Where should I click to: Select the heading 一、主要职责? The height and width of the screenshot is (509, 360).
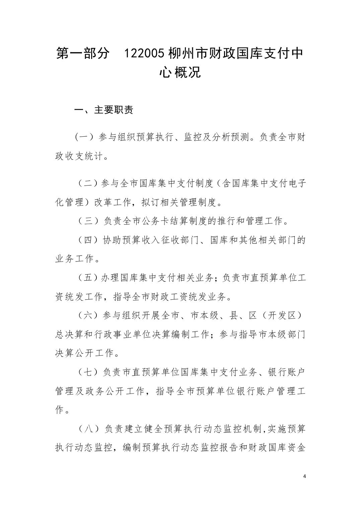coord(103,110)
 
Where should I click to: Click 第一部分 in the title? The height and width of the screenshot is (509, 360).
coord(82,54)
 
